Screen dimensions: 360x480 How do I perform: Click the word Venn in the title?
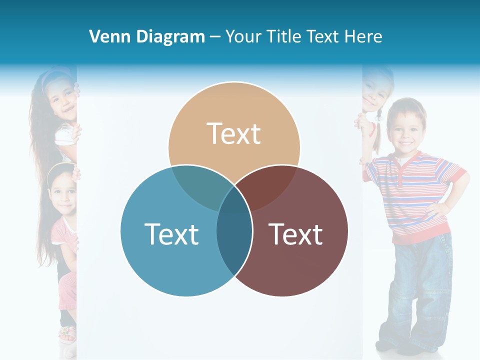106,36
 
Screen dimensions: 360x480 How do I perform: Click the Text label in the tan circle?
234,133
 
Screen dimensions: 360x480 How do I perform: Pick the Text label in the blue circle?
171,234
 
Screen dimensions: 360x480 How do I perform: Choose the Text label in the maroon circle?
296,234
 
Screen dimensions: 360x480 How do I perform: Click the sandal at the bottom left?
67,333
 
